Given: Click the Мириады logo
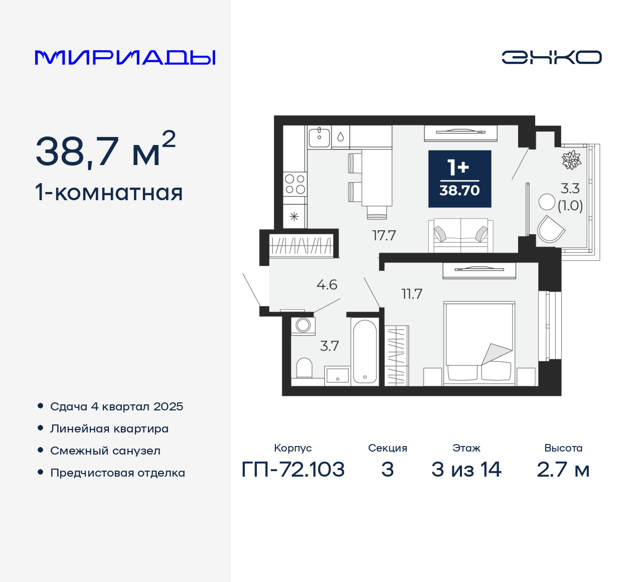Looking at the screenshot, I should pyautogui.click(x=125, y=58).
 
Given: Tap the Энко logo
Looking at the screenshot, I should pyautogui.click(x=551, y=57).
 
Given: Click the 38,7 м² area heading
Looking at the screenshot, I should pyautogui.click(x=105, y=151).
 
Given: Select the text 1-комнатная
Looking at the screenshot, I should pyautogui.click(x=109, y=193).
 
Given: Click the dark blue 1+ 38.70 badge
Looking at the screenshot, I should pyautogui.click(x=459, y=179).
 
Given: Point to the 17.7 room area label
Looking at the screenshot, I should pyautogui.click(x=384, y=235).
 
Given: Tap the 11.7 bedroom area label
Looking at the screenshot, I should pyautogui.click(x=412, y=294).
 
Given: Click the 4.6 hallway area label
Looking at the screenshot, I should pyautogui.click(x=327, y=285).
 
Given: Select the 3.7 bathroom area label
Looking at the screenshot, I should pyautogui.click(x=330, y=346).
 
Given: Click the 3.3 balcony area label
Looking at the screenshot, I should pyautogui.click(x=570, y=189).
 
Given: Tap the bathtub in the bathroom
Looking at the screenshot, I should pyautogui.click(x=365, y=351).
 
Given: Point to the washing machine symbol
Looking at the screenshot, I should pyautogui.click(x=303, y=325).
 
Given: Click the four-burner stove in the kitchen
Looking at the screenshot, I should pyautogui.click(x=295, y=184).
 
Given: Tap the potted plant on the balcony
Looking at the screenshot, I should pyautogui.click(x=571, y=160).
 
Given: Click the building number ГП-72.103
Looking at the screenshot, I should pyautogui.click(x=293, y=470).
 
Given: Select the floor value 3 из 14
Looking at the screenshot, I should pyautogui.click(x=466, y=470).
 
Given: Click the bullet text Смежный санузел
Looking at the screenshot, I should pyautogui.click(x=105, y=451).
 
